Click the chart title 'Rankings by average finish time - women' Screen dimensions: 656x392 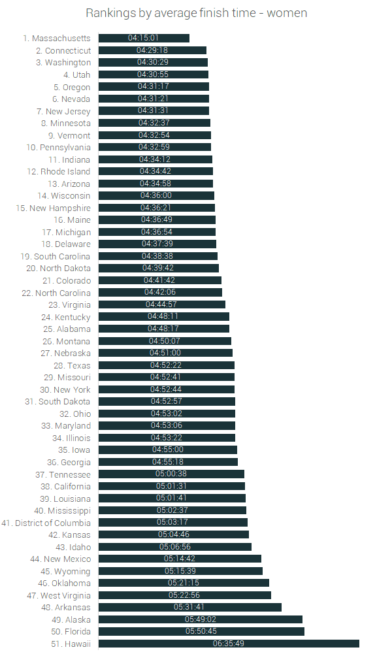point(196,13)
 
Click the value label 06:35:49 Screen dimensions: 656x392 point(229,644)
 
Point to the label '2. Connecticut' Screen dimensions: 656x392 point(63,50)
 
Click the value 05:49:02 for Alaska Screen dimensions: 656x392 point(201,619)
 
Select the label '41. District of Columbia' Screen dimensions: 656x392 point(46,523)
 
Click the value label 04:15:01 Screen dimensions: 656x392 point(144,39)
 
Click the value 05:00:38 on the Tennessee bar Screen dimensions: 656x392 point(171,474)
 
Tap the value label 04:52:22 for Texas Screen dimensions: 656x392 point(166,365)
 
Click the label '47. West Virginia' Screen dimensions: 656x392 point(59,595)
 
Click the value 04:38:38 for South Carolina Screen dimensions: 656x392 point(158,256)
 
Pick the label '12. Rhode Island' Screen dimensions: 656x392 point(59,171)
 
